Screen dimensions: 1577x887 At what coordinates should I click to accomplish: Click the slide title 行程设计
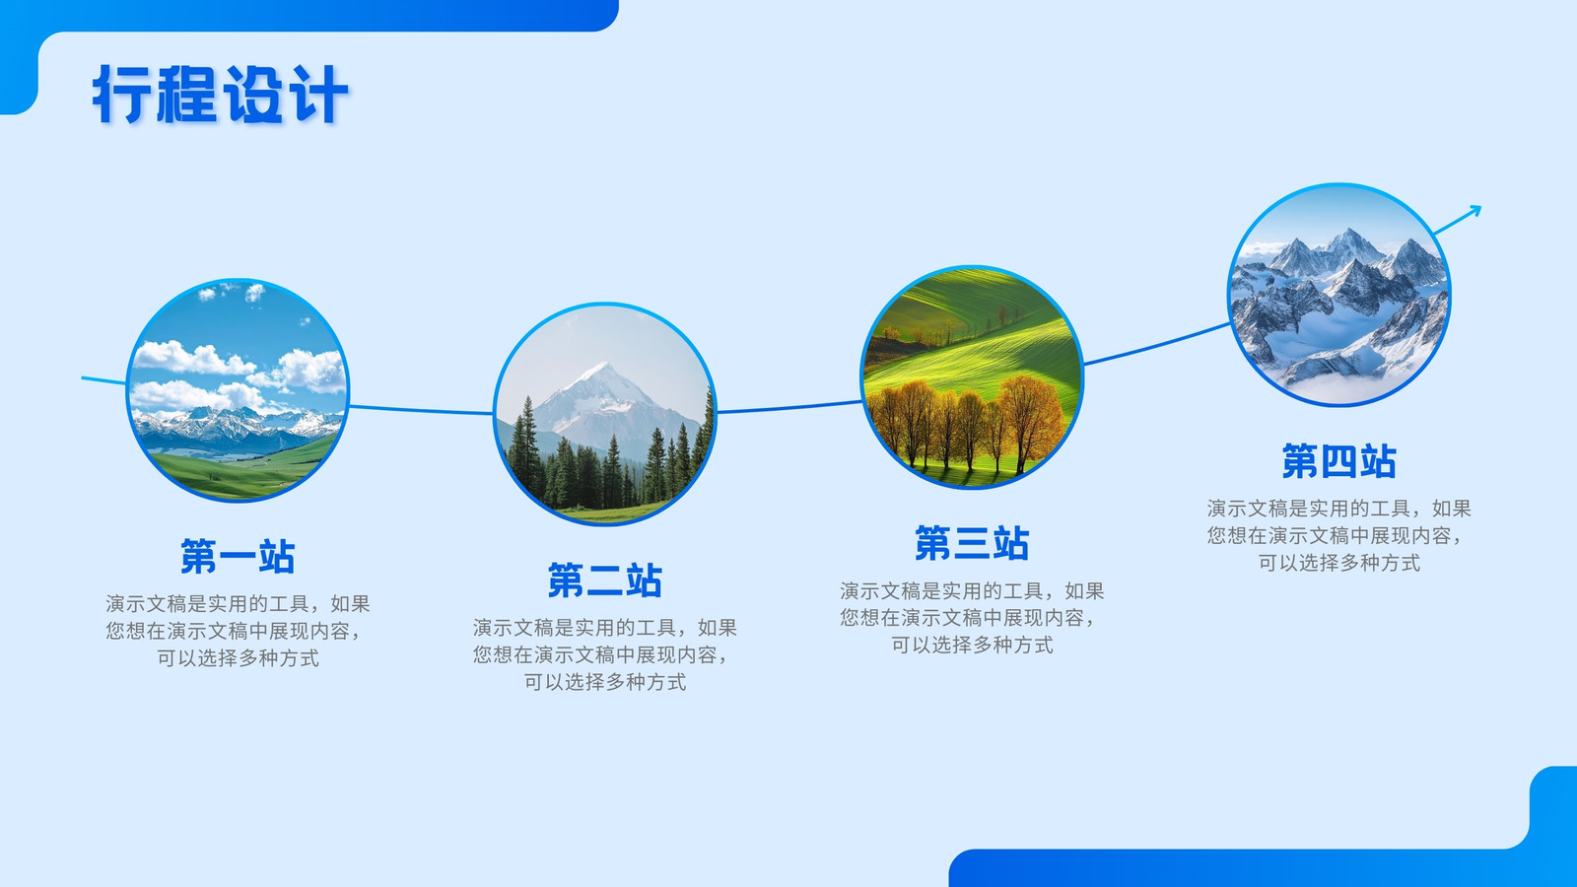point(221,95)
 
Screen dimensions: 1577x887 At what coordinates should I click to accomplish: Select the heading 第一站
point(238,556)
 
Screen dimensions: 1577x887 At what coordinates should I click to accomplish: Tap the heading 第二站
point(605,580)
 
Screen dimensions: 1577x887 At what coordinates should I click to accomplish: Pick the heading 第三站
point(972,543)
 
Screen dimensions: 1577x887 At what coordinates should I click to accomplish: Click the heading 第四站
point(1339,461)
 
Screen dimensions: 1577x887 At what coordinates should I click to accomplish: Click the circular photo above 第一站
point(238,390)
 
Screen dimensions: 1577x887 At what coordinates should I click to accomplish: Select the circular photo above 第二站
point(605,414)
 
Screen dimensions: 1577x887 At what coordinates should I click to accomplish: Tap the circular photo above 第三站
point(972,376)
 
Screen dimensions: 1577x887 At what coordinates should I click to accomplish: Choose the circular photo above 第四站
point(1339,295)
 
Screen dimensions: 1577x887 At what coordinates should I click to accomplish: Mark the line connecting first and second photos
point(421,410)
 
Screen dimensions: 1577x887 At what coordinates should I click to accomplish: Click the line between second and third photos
point(788,408)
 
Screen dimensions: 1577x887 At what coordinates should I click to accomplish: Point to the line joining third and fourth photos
point(1156,345)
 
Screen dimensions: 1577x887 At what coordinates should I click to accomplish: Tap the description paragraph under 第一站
point(238,631)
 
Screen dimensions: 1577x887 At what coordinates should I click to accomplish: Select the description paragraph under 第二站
point(605,654)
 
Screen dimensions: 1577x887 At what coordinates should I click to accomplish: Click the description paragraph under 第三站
point(972,617)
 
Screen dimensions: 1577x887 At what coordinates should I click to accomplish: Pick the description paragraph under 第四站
point(1339,536)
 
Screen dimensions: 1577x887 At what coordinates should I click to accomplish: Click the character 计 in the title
point(320,95)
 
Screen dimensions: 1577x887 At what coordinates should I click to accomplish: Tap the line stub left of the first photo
point(103,380)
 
